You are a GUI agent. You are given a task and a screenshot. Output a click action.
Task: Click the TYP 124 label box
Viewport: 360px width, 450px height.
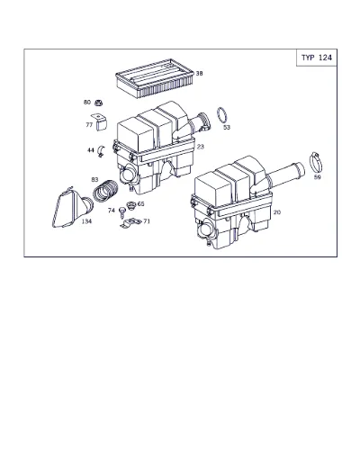pyautogui.click(x=317, y=58)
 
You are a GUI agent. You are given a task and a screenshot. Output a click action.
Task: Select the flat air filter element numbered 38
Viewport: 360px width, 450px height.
pyautogui.click(x=146, y=78)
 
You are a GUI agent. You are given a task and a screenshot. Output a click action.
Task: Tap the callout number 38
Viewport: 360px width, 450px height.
pyautogui.click(x=199, y=73)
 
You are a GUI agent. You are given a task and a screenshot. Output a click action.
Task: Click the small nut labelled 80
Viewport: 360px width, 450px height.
pyautogui.click(x=98, y=103)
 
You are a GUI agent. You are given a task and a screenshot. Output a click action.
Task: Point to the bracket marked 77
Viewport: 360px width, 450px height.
pyautogui.click(x=100, y=121)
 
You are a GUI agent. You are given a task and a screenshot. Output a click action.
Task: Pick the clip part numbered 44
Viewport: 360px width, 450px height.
pyautogui.click(x=102, y=150)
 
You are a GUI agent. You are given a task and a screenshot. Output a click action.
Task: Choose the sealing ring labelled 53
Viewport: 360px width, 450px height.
pyautogui.click(x=221, y=114)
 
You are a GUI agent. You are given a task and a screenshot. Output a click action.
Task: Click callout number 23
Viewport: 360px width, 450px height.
pyautogui.click(x=201, y=147)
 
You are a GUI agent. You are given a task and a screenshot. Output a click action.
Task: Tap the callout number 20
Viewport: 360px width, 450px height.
pyautogui.click(x=277, y=212)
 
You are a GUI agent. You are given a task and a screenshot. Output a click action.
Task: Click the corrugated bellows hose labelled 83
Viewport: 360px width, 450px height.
pyautogui.click(x=105, y=191)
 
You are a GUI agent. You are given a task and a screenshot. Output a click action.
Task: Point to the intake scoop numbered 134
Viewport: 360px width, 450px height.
pyautogui.click(x=73, y=208)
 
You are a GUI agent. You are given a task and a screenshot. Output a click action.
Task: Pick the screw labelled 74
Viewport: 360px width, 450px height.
pyautogui.click(x=122, y=212)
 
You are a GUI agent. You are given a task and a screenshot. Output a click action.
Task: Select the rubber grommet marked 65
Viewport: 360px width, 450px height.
pyautogui.click(x=131, y=206)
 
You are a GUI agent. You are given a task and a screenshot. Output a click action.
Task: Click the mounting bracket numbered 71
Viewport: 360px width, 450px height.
pyautogui.click(x=130, y=223)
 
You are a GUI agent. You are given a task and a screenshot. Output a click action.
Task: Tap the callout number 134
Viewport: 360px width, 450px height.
pyautogui.click(x=86, y=221)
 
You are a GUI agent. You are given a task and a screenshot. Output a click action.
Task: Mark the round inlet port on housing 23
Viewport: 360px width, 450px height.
pyautogui.click(x=127, y=175)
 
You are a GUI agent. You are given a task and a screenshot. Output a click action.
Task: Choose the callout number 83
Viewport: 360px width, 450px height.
pyautogui.click(x=94, y=179)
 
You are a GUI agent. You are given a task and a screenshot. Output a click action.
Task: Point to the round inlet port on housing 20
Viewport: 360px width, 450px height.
pyautogui.click(x=205, y=231)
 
